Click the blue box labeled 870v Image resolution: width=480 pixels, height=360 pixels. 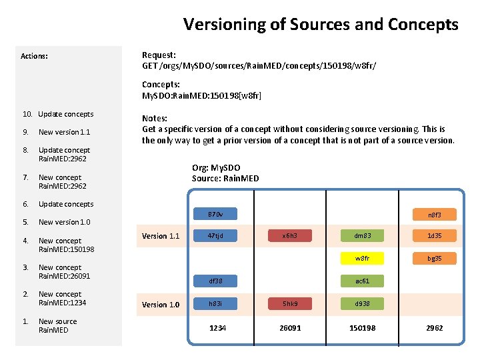[215, 215]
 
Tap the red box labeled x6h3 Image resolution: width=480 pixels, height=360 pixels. [289, 235]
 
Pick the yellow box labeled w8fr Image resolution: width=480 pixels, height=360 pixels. [362, 258]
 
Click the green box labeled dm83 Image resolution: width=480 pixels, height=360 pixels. [362, 235]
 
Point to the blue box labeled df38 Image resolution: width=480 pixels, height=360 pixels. [215, 281]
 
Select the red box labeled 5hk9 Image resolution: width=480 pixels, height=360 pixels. [289, 304]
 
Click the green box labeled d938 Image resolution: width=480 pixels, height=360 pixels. [362, 304]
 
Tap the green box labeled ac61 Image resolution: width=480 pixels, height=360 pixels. [362, 281]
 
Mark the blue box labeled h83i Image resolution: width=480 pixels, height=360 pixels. [215, 304]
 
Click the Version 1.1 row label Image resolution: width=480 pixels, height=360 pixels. [161, 236]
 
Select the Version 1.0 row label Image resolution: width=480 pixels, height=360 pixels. [161, 305]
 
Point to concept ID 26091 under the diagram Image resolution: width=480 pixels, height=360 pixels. [290, 328]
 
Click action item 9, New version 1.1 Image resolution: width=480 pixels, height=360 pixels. [64, 132]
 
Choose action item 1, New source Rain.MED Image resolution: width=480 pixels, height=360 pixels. [57, 325]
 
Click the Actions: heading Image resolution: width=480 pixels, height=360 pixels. [34, 56]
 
